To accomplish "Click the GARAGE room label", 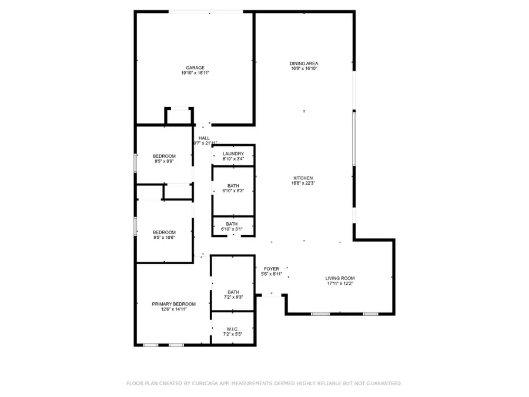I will click(195, 68).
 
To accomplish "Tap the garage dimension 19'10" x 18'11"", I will click(195, 73).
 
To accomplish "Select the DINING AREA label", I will click(304, 63).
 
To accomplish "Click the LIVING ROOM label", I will click(340, 278).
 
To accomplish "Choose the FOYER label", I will click(272, 269).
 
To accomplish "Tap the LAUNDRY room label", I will click(233, 154).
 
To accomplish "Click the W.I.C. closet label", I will click(233, 329).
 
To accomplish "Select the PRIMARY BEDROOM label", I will click(174, 304).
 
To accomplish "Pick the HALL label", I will click(204, 138).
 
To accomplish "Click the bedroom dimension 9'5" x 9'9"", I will click(165, 161).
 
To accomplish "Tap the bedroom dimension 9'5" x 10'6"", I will click(165, 238).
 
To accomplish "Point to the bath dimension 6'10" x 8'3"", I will click(233, 191).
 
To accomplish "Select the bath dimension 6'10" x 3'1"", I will click(232, 229).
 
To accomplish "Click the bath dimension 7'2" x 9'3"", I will click(233, 297).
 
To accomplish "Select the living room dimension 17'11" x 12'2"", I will click(340, 283).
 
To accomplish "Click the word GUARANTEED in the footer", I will click(380, 383).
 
